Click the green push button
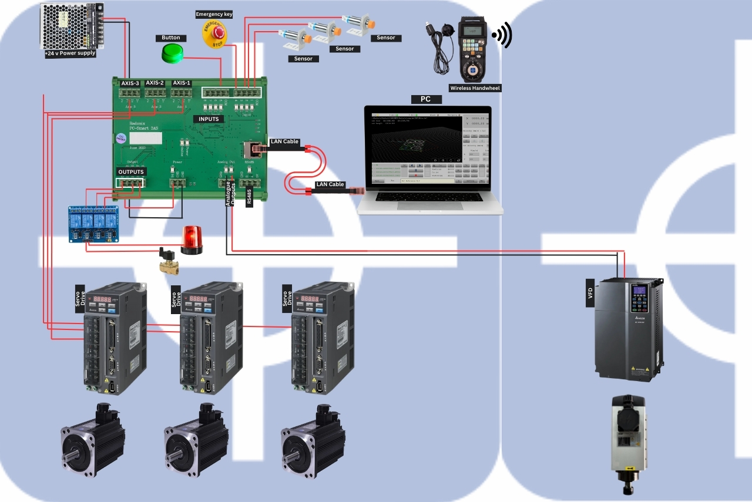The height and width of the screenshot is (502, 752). pos(172,53)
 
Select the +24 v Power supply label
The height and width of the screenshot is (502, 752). pos(70,53)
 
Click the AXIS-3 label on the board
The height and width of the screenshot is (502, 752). pos(130,83)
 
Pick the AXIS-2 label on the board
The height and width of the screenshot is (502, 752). pos(155,83)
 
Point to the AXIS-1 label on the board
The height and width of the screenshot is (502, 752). pos(182,83)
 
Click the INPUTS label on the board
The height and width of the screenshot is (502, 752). pos(209,119)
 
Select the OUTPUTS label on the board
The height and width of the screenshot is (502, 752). pos(131,172)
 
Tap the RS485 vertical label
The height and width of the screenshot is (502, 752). pos(249,194)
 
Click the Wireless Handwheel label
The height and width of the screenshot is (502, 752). pos(475,88)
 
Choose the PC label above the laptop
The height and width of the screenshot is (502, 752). pos(425,99)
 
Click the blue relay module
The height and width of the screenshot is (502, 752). pos(93,224)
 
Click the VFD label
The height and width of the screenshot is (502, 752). pos(590,294)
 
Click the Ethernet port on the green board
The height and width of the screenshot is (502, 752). pos(251,149)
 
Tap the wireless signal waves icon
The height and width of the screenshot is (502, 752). pos(502,36)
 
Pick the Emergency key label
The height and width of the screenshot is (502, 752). pos(214,14)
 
